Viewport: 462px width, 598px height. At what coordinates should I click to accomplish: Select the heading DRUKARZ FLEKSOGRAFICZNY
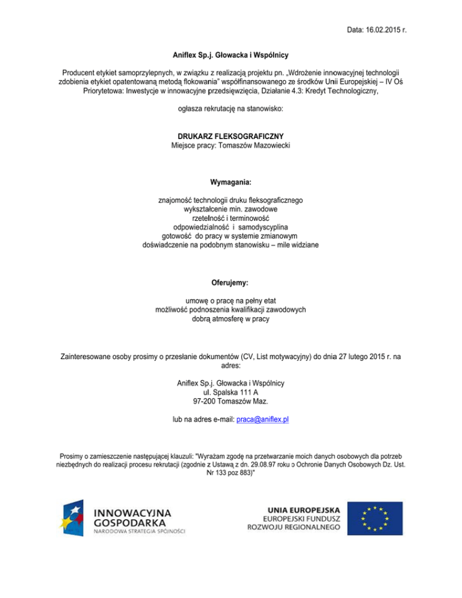[x=230, y=137]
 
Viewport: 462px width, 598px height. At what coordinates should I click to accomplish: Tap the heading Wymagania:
[x=230, y=182]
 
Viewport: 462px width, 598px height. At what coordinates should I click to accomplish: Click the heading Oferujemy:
[x=230, y=282]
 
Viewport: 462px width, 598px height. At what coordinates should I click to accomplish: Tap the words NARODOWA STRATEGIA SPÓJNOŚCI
[x=140, y=532]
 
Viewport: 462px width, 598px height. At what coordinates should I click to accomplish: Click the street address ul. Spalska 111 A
[x=231, y=392]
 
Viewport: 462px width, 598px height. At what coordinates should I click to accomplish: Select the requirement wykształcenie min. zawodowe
[x=230, y=208]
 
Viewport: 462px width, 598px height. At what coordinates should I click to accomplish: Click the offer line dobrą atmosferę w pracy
[x=230, y=319]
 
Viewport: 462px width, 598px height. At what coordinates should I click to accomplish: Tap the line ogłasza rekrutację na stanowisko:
[x=230, y=109]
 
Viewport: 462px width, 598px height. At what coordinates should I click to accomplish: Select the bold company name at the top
[x=231, y=55]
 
